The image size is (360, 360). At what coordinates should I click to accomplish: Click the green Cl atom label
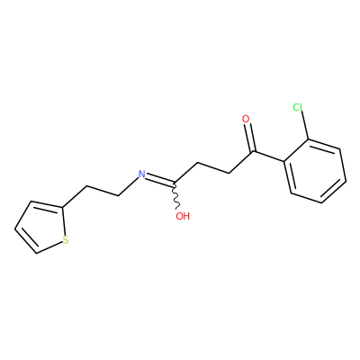click(x=298, y=107)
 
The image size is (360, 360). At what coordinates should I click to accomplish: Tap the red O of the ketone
click(x=246, y=119)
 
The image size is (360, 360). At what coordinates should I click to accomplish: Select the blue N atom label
click(x=141, y=175)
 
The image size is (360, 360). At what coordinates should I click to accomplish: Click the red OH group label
click(x=183, y=216)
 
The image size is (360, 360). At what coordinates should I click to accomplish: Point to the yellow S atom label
click(x=66, y=240)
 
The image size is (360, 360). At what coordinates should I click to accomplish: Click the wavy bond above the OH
click(x=176, y=195)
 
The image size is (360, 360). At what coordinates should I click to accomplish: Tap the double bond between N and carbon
click(x=160, y=180)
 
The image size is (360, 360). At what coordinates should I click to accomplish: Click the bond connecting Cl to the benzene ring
click(x=304, y=125)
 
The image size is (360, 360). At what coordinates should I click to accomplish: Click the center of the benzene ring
click(x=315, y=171)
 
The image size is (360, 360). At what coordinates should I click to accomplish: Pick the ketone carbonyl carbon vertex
click(x=253, y=151)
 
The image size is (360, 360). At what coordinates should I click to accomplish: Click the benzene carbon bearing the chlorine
click(x=309, y=139)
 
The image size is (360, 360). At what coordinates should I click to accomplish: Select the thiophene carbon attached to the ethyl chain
click(x=62, y=207)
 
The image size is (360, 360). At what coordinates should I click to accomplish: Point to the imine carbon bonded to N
click(x=175, y=183)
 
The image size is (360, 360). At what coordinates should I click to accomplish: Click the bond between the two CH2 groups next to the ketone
click(x=213, y=168)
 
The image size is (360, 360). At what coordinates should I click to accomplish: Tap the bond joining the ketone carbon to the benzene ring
click(x=268, y=157)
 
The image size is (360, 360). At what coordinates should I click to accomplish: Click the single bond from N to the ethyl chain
click(x=129, y=186)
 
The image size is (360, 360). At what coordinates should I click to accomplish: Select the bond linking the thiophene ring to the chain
click(x=75, y=197)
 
